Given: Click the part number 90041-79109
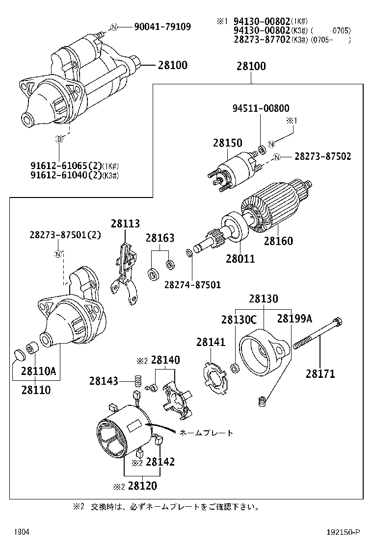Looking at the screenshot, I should click(162, 27).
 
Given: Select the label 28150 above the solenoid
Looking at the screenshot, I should click(227, 143).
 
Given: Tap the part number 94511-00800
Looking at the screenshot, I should click(261, 108).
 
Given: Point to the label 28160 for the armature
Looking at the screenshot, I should click(278, 241).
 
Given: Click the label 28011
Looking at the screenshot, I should click(240, 258).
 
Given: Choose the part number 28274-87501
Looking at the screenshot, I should click(192, 285).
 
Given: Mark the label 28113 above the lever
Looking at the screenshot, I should click(125, 223).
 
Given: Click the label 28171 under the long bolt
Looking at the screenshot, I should click(320, 374).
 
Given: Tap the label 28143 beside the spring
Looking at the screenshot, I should click(104, 381).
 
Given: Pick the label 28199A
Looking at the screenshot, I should click(294, 319).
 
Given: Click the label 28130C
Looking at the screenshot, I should click(239, 319).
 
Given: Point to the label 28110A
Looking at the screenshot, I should click(39, 372).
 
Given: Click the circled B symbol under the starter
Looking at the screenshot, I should click(60, 140).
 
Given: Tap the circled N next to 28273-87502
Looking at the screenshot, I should click(277, 157).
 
